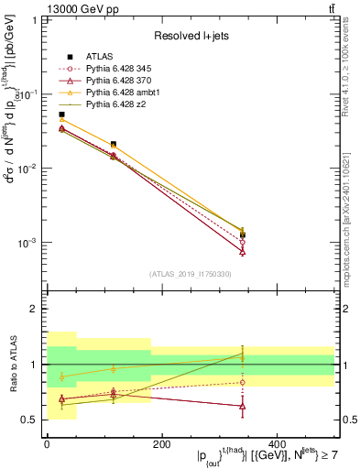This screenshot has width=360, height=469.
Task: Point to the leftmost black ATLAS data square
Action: pos(61,115)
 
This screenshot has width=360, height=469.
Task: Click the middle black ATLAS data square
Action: pos(113,144)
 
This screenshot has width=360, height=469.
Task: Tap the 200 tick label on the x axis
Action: pos(161,444)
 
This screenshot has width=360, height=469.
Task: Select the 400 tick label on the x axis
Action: pos(276,444)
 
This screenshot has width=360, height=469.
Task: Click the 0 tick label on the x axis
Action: pos(47,444)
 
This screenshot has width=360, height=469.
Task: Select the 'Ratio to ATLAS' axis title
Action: pos(12,365)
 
